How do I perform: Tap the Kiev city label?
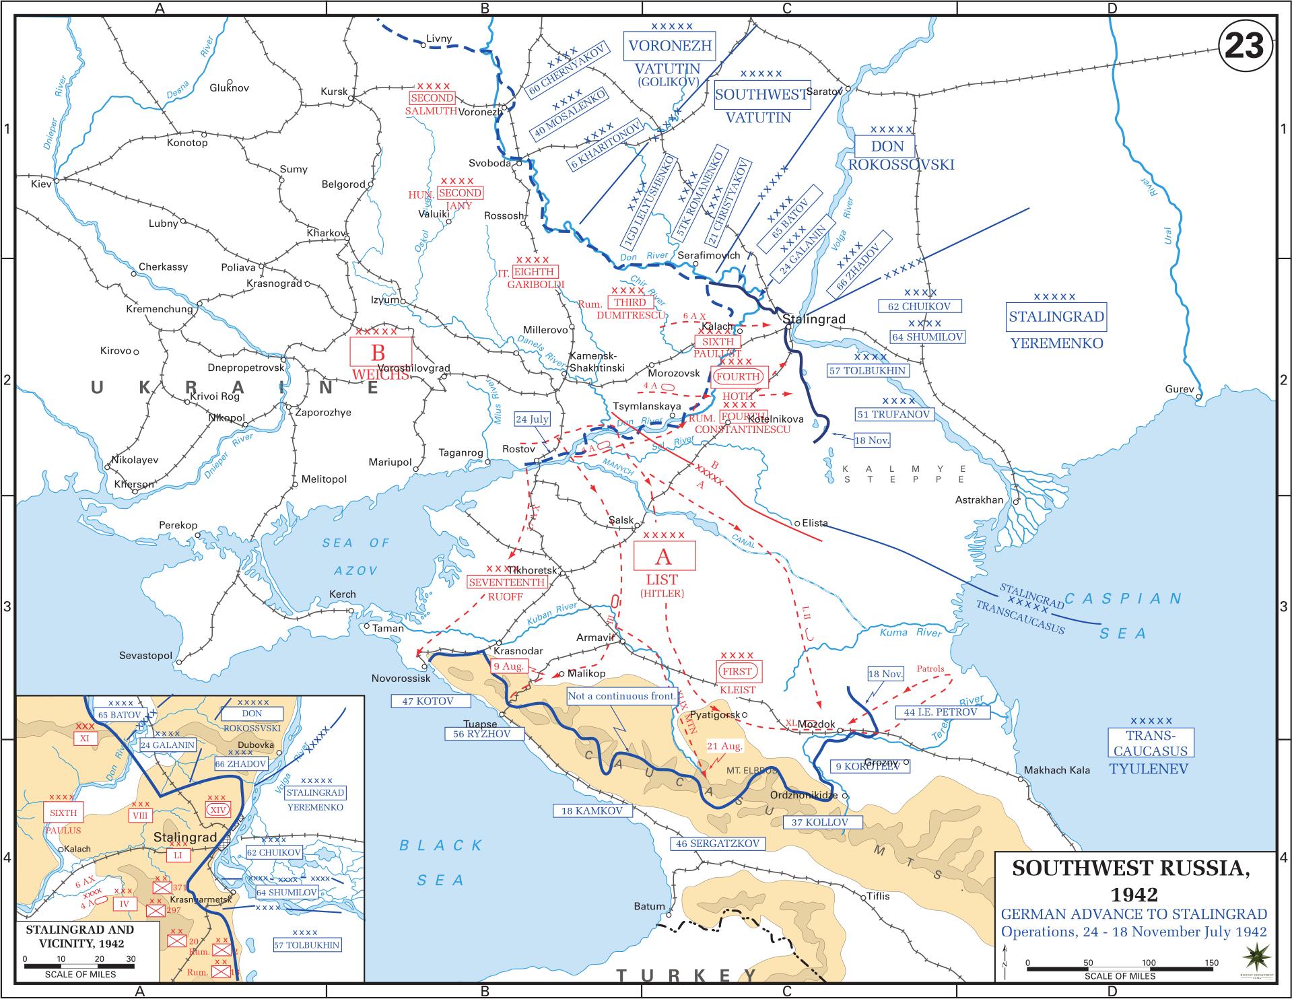[41, 184]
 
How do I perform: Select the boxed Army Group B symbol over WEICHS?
[380, 352]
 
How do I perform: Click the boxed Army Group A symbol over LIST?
[665, 557]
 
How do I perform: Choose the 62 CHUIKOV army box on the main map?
[919, 306]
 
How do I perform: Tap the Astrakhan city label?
[979, 500]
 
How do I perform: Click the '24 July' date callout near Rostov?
[532, 419]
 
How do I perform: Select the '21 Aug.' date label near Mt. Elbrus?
[724, 746]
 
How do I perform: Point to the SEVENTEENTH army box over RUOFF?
[506, 582]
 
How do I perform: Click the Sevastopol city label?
[145, 656]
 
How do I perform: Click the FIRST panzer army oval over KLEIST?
[737, 671]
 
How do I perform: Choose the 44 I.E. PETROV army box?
[936, 712]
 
